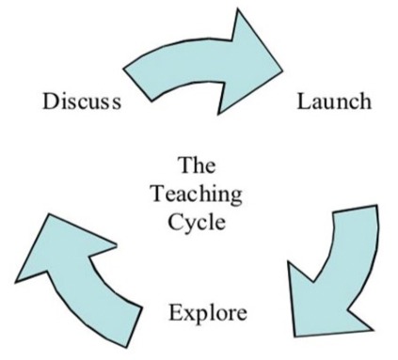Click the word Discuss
pos(82,101)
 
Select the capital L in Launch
pos(303,101)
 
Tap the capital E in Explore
pos(174,311)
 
